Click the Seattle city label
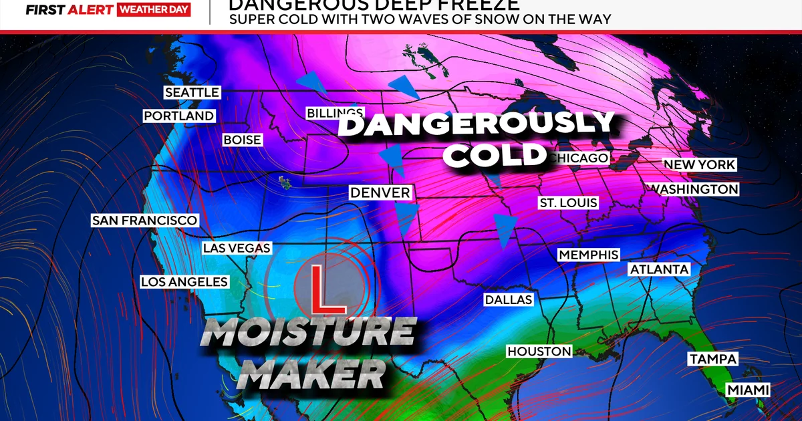(x=192, y=92)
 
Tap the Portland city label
(x=179, y=116)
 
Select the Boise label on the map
(x=243, y=140)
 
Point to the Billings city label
(x=335, y=113)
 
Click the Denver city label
(x=380, y=192)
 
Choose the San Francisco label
(x=144, y=221)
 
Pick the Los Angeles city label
(x=184, y=282)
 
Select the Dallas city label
(x=508, y=299)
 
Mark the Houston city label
(x=539, y=352)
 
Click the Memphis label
(x=588, y=255)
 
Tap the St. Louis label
(x=568, y=202)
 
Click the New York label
(x=699, y=164)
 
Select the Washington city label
(x=695, y=189)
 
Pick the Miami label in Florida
(x=748, y=390)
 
